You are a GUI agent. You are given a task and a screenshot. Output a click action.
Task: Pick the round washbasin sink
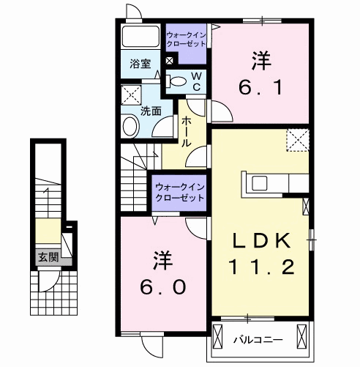click(x=130, y=126)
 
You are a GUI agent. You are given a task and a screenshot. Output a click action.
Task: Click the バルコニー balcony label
click(x=253, y=340)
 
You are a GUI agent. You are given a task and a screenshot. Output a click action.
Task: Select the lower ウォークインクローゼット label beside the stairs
click(x=179, y=192)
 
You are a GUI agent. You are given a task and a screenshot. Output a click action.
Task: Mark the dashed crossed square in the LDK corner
click(x=296, y=138)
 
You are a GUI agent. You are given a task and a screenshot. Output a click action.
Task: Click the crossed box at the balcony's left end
click(x=220, y=338)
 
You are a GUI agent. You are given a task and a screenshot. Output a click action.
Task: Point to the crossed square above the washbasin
click(x=132, y=95)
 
